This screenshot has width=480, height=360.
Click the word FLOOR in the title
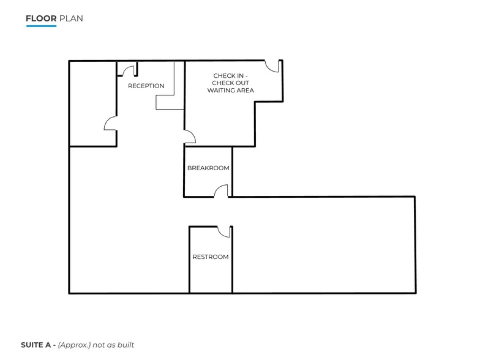(41, 18)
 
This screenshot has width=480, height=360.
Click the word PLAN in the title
(71, 18)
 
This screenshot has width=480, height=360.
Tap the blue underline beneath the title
(41, 26)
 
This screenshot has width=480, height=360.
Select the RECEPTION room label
(146, 86)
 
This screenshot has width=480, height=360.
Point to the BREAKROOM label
(208, 168)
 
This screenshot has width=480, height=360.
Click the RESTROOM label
(211, 257)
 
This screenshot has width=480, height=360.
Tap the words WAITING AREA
(230, 91)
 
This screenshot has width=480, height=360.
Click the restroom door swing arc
(224, 231)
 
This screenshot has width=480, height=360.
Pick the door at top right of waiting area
(273, 66)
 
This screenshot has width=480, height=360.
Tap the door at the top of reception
(130, 69)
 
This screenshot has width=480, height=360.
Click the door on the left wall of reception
(111, 124)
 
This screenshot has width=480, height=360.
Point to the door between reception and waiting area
(190, 136)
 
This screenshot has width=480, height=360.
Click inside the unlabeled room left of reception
(92, 104)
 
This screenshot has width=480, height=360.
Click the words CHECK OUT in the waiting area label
(230, 83)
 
